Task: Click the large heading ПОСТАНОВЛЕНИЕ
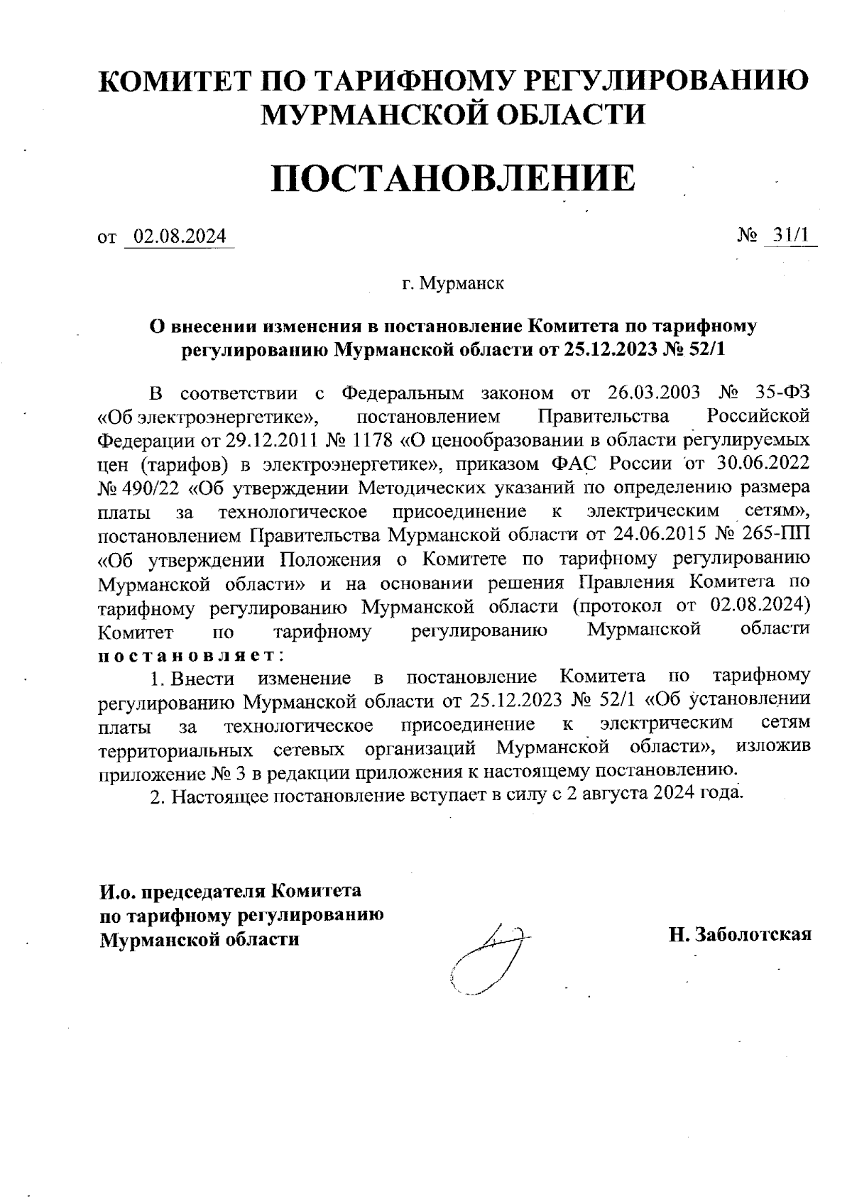tap(452, 177)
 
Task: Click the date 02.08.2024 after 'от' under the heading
tap(180, 236)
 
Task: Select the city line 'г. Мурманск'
tap(452, 284)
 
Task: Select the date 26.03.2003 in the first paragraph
tap(655, 393)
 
